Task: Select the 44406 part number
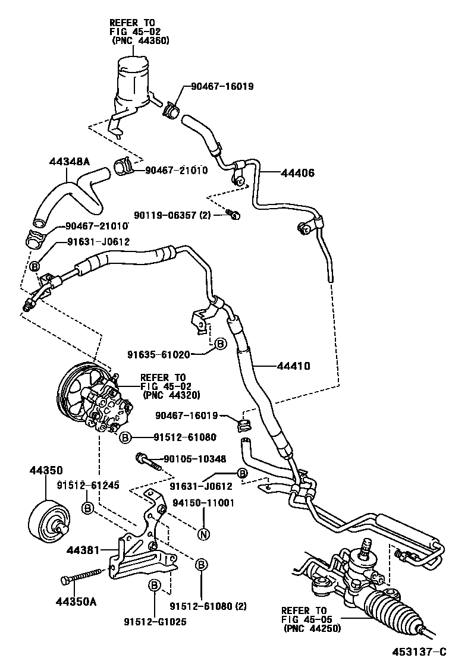pos(296,173)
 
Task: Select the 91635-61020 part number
pos(158,355)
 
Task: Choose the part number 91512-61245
pos(88,486)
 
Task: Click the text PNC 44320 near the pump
pos(171,395)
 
